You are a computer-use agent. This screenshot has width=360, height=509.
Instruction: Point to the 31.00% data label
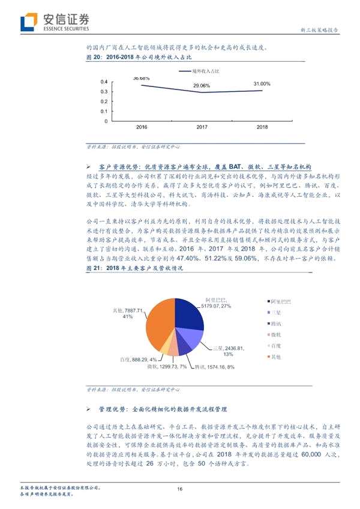click(x=262, y=83)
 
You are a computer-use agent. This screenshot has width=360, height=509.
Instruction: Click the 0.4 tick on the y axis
click(x=104, y=82)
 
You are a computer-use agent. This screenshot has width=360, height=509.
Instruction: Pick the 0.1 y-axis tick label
click(x=104, y=111)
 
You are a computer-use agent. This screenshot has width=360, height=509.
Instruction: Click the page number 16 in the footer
click(x=179, y=490)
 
